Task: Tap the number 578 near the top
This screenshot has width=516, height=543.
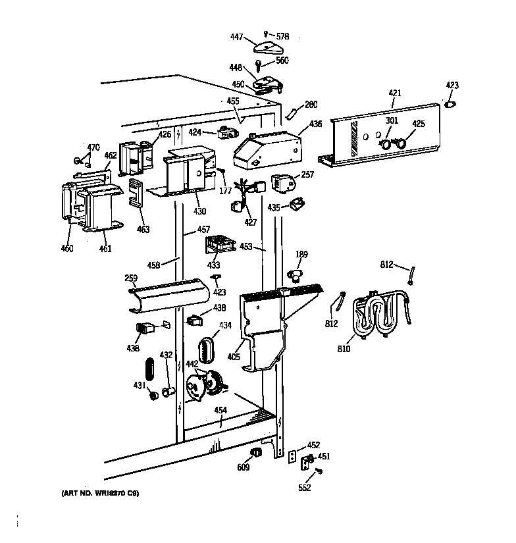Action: tap(282, 36)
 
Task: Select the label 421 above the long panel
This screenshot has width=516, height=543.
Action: tap(394, 94)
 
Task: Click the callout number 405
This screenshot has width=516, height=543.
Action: tap(232, 357)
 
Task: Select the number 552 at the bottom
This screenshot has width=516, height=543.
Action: tap(303, 488)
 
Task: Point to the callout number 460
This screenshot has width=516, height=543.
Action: tap(67, 248)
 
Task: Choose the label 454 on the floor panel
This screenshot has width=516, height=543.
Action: tap(220, 410)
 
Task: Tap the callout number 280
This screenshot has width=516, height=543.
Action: tap(311, 104)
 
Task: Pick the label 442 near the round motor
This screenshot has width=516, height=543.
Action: tap(192, 364)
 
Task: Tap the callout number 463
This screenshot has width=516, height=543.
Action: tap(143, 230)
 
